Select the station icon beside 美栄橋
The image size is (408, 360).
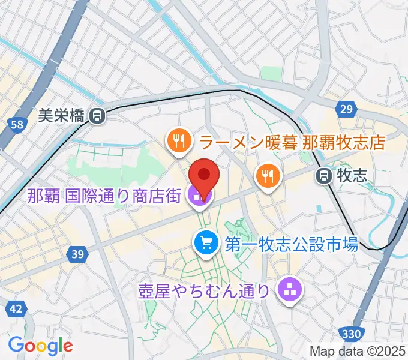(97, 116)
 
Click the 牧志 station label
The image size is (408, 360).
(352, 175)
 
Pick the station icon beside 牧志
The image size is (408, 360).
(324, 175)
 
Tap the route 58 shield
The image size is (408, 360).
(17, 125)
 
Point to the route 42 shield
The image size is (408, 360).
(16, 309)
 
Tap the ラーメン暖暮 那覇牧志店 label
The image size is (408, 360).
(292, 143)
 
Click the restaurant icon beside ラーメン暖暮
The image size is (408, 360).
(179, 142)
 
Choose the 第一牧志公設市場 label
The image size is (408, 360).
(291, 244)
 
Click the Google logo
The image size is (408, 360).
(40, 346)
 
